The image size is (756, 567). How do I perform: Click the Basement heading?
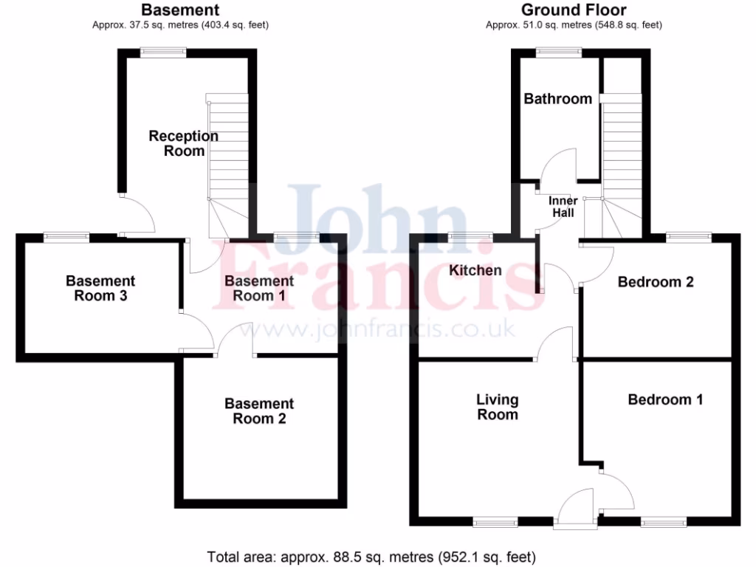[x=180, y=10]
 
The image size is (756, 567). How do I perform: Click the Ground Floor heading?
[x=574, y=10]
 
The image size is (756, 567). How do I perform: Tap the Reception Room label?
[x=184, y=143]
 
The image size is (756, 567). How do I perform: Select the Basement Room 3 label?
[x=100, y=289]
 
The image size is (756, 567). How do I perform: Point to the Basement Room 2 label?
[x=259, y=411]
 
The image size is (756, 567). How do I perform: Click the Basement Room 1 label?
[x=259, y=289]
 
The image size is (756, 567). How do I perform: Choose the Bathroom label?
[x=557, y=99]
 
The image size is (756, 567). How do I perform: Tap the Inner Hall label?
[x=563, y=207]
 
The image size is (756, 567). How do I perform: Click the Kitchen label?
[x=475, y=270]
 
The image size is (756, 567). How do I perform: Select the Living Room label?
[x=497, y=407]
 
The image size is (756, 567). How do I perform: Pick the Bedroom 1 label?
[x=665, y=399]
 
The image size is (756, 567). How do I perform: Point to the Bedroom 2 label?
[x=656, y=282]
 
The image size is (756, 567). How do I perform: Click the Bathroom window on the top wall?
[x=559, y=52]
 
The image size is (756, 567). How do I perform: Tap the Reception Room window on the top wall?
[x=163, y=52]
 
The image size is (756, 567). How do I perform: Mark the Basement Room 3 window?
[x=66, y=237]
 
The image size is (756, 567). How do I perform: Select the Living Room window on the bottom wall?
[x=496, y=522]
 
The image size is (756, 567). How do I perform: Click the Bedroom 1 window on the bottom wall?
[x=663, y=522]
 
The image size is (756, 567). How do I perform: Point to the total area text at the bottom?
[x=371, y=557]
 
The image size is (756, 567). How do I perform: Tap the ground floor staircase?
[x=622, y=148]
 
